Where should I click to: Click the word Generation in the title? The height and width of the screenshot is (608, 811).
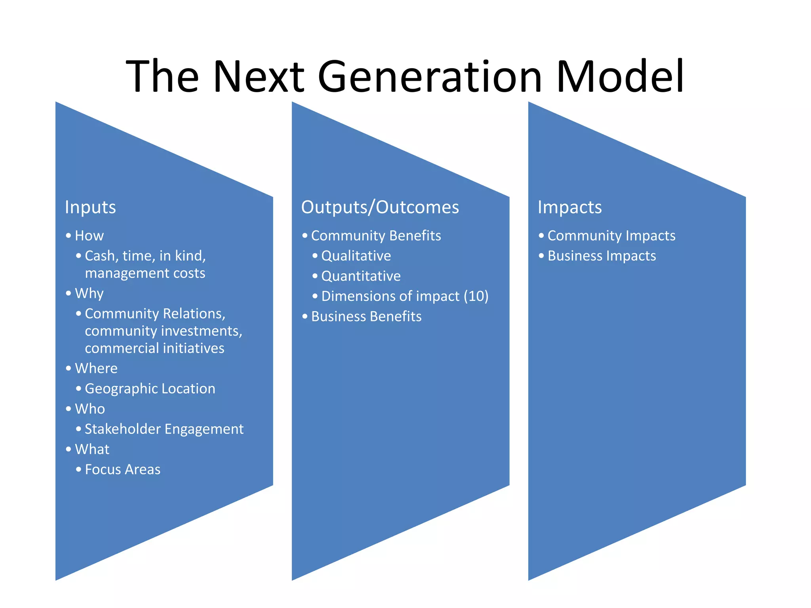(x=429, y=76)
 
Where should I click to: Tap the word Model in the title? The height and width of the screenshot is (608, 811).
(x=620, y=76)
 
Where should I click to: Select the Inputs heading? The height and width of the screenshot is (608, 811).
(x=90, y=207)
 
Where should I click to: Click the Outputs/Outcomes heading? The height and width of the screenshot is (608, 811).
(x=380, y=207)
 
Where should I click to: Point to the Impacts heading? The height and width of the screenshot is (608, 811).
(x=569, y=207)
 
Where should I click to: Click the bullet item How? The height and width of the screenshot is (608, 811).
(x=89, y=236)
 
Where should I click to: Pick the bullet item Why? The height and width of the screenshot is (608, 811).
(x=89, y=294)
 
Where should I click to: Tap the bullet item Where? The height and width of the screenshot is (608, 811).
(x=96, y=369)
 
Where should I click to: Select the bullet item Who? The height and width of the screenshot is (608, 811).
(x=90, y=409)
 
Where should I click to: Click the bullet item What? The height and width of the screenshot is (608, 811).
(x=92, y=449)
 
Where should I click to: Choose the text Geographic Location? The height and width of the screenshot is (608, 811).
(x=150, y=389)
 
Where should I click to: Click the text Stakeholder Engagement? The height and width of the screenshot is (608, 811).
(x=164, y=429)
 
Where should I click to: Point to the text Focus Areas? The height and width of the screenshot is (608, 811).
(x=122, y=469)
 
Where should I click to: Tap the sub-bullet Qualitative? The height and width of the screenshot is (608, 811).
(x=356, y=256)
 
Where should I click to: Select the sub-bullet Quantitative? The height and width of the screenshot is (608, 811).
(x=361, y=276)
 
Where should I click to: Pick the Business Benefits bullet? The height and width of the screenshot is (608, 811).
(x=366, y=317)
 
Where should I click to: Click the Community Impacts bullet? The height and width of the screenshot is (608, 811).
(x=611, y=236)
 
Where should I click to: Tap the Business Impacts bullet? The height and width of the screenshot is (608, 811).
(x=602, y=256)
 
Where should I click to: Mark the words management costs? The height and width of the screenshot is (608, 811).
(x=145, y=274)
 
